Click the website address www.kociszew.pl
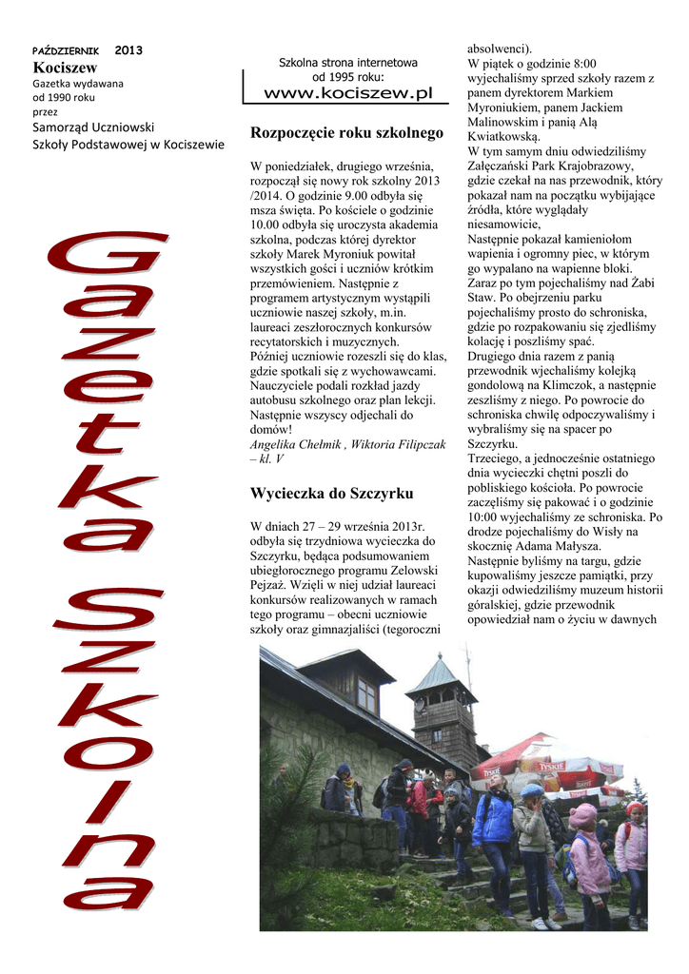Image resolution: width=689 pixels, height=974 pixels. click(347, 93)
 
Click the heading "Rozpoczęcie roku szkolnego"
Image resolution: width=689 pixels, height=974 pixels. click(346, 133)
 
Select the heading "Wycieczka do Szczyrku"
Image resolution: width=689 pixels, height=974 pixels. click(331, 494)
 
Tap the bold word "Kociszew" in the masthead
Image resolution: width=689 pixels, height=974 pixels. click(65, 68)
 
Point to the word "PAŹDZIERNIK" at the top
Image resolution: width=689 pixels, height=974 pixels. click(65, 49)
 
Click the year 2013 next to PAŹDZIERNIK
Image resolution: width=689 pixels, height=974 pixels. click(128, 49)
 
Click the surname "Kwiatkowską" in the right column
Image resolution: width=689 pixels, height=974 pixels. click(504, 137)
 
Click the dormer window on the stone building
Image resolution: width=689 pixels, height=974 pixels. click(366, 694)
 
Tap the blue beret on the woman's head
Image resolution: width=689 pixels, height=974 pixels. click(531, 791)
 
